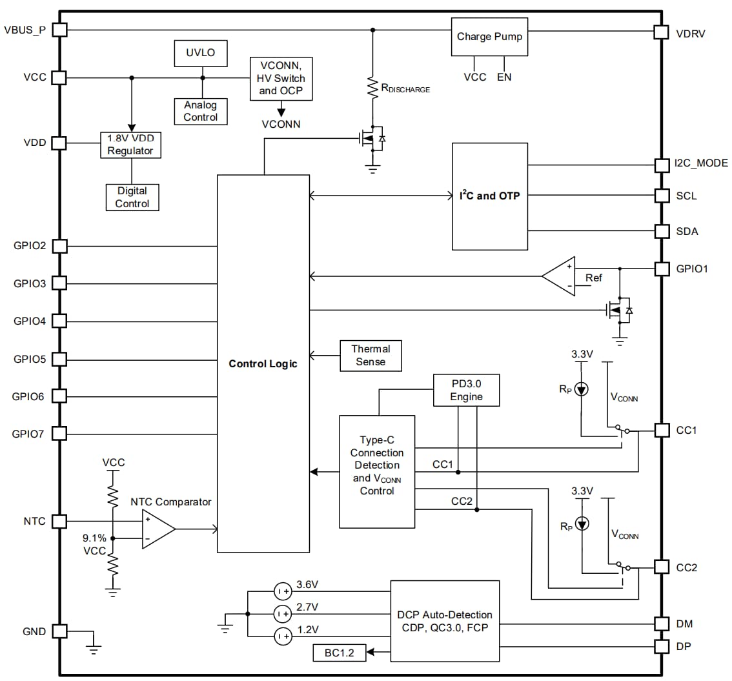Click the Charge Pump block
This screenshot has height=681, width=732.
pos(489,37)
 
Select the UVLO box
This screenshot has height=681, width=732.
pos(201,53)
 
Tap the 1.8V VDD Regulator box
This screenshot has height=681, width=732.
pos(131,145)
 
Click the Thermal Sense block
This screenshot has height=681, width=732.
pos(371,356)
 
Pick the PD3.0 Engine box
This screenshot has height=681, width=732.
pos(466,390)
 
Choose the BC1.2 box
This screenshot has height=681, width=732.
pos(340,653)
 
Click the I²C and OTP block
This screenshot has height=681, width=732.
pos(489,196)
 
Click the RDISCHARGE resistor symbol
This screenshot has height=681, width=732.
pos(372,87)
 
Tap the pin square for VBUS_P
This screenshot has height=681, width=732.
pos(59,30)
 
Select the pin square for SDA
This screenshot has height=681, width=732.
pos(662,231)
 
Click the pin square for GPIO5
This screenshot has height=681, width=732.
pos(59,359)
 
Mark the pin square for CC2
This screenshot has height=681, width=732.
pos(662,567)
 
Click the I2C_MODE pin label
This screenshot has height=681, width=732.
pos(701,163)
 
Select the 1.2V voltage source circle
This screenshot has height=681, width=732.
pos(282,636)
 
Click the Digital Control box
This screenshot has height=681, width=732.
pos(132,198)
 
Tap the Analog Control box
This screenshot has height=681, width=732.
pos(200,111)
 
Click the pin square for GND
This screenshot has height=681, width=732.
pos(59,631)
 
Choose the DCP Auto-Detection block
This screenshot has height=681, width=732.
pos(444,621)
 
